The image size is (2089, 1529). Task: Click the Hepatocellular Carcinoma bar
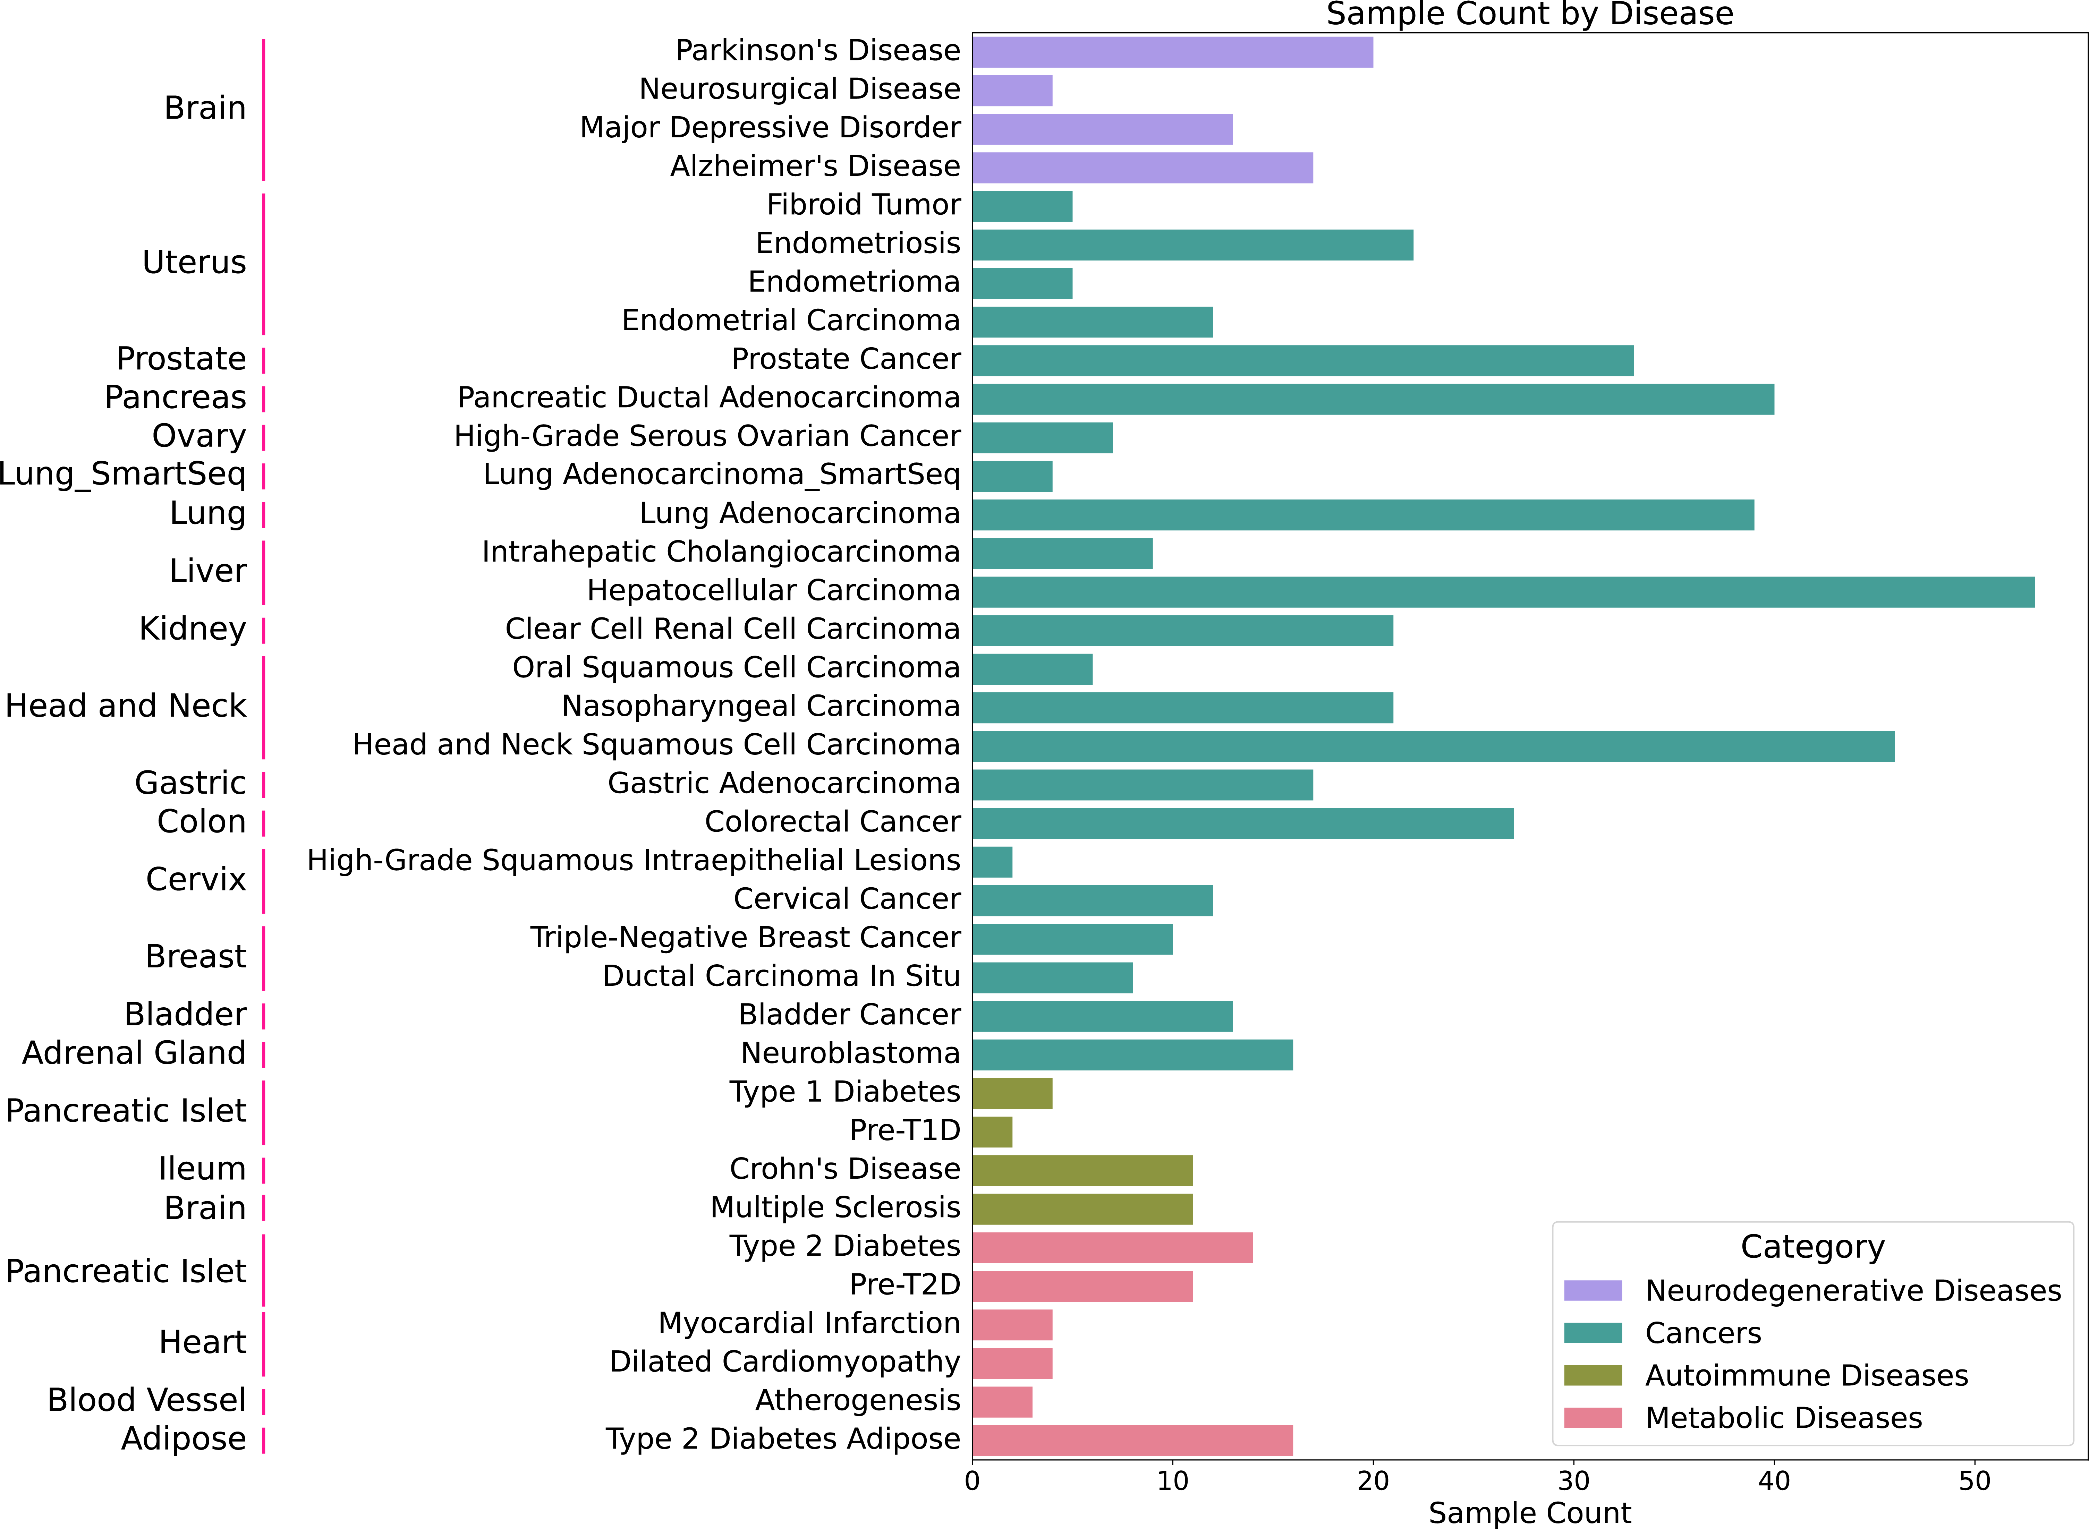[x=1503, y=591]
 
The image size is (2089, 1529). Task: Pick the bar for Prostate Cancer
[x=1302, y=360]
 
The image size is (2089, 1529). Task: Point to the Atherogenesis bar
[x=1001, y=1401]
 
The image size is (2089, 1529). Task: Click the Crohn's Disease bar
[x=1082, y=1170]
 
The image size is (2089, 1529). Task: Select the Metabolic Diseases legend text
[x=1783, y=1418]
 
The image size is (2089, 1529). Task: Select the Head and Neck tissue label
[x=126, y=706]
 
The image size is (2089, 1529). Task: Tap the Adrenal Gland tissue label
[x=134, y=1053]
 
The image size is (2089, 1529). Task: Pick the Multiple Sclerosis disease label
[x=835, y=1208]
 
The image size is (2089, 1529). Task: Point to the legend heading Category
[x=1812, y=1247]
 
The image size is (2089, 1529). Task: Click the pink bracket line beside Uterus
[x=264, y=264]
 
